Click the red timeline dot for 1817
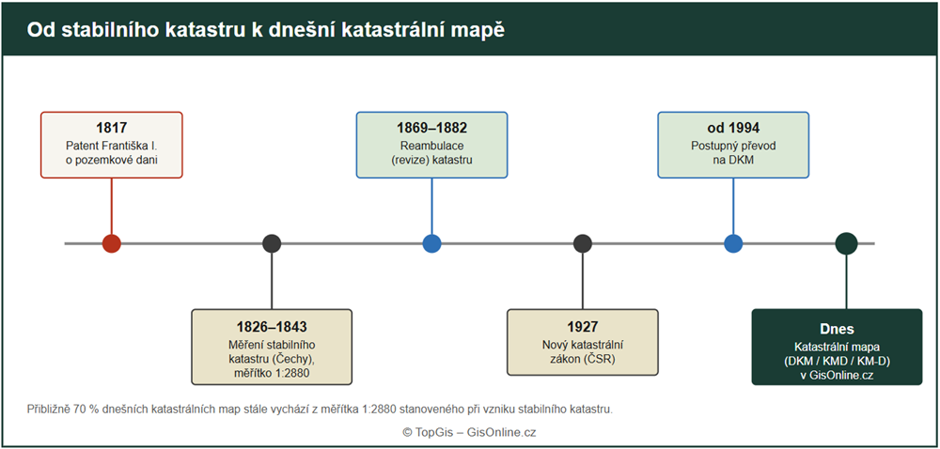coord(112,243)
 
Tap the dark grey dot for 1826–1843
coord(272,243)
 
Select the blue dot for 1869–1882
coord(431,243)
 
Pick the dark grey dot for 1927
coord(582,243)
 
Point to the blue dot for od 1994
coord(733,243)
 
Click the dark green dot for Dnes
coord(847,243)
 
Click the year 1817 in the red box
coord(112,128)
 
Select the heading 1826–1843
coord(272,327)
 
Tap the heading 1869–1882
coord(431,128)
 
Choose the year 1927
coord(582,327)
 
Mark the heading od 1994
coord(733,128)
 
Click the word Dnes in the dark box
coord(837,329)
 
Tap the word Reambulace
coord(431,146)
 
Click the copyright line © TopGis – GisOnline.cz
coord(469,432)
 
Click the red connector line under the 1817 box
coord(112,206)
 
